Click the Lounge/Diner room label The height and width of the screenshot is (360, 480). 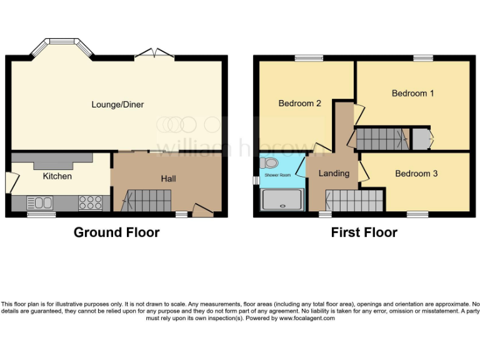[117, 104]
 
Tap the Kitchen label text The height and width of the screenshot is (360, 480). [57, 176]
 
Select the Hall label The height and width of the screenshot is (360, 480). [168, 179]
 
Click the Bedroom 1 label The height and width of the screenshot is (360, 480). [412, 93]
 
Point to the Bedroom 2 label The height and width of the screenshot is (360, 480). [299, 103]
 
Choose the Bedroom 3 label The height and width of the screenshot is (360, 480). [416, 173]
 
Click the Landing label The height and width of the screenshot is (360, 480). [334, 173]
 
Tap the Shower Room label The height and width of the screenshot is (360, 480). [277, 176]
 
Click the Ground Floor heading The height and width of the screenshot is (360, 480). [116, 232]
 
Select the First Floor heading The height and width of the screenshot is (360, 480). [364, 232]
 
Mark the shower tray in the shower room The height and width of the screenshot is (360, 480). [283, 201]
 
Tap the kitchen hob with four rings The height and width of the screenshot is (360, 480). [91, 202]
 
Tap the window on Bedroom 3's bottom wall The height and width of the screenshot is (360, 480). [417, 214]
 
